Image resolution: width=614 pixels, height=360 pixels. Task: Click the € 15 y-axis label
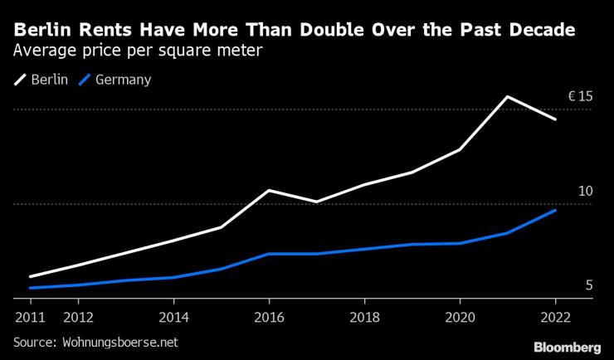point(580,97)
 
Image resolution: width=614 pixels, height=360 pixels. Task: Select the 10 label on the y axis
point(585,192)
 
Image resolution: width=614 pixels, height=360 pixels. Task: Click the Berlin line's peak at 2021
point(508,97)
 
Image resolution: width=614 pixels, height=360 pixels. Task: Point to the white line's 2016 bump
point(269,191)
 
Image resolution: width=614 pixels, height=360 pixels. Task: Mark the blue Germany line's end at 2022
point(555,211)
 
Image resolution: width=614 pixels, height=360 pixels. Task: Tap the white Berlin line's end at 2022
point(555,119)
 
